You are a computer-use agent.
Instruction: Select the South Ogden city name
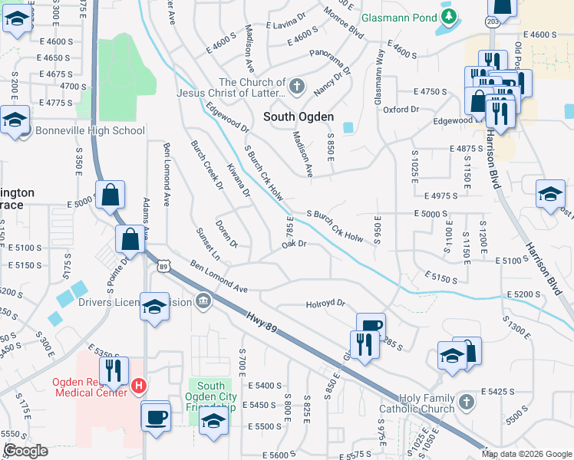(x=299, y=117)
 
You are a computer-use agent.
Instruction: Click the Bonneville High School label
(x=89, y=130)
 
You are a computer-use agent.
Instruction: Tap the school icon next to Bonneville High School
(x=15, y=120)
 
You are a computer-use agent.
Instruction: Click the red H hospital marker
(x=139, y=386)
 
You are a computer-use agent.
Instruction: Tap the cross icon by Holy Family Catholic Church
(x=466, y=401)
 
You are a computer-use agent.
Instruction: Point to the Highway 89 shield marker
(x=163, y=267)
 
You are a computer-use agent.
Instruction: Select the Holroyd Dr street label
(x=326, y=304)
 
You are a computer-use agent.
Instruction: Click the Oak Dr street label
(x=294, y=244)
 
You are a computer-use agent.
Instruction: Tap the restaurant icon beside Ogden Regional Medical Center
(x=114, y=371)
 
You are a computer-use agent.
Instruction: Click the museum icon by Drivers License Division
(x=203, y=301)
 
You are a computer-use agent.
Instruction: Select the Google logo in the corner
(x=26, y=450)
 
